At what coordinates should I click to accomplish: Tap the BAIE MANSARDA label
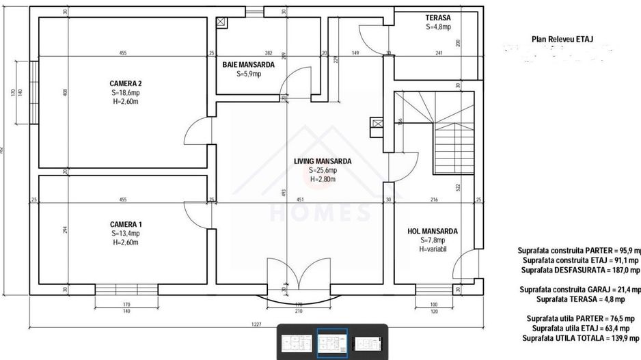click(x=249, y=65)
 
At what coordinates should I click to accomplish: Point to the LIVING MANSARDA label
click(x=323, y=161)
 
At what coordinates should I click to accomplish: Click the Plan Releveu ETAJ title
click(x=562, y=40)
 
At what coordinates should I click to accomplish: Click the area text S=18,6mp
click(x=125, y=93)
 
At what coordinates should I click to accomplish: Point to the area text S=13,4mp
click(x=125, y=234)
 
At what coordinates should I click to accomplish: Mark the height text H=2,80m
click(x=323, y=179)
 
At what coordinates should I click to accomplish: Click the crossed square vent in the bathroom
click(x=221, y=22)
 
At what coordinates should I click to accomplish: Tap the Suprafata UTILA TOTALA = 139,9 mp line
click(x=582, y=338)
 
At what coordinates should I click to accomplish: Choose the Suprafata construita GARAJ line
click(x=580, y=290)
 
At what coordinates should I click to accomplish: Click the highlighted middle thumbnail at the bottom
click(x=331, y=342)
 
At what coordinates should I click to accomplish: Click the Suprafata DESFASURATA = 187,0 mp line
click(x=580, y=270)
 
